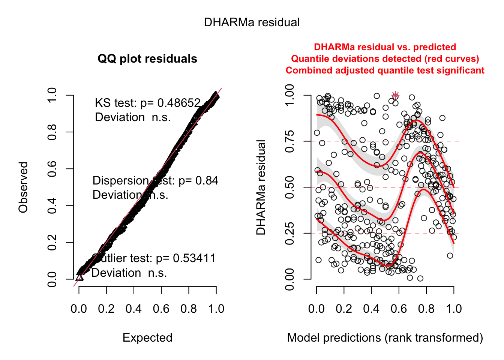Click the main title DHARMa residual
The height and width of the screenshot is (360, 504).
coord(252,22)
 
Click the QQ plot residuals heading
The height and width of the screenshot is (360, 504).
coord(147,59)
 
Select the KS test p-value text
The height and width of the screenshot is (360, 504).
coord(148,103)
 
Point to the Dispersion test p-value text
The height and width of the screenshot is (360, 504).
coord(155,181)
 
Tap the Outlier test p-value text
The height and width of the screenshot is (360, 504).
coord(154,258)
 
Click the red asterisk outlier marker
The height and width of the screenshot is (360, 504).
coord(395,95)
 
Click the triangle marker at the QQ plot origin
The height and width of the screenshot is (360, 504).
coord(79,277)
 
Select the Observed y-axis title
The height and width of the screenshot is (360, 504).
coord(23,187)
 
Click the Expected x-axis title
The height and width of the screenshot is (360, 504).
coord(147,338)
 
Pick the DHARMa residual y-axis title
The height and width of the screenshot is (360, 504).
coord(261,187)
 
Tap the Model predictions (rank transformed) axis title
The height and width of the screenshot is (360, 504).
coord(385,338)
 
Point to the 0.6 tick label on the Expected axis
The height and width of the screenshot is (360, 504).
coord(161,309)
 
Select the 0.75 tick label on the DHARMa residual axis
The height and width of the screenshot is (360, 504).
coord(289,141)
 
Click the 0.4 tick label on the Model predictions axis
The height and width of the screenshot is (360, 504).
coord(371,309)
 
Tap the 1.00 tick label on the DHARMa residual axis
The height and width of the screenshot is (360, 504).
coord(289,95)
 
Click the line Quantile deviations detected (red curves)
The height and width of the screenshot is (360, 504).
coord(385,59)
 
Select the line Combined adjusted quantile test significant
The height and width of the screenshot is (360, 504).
coord(385,70)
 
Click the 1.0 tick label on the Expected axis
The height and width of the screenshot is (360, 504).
coord(216,309)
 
